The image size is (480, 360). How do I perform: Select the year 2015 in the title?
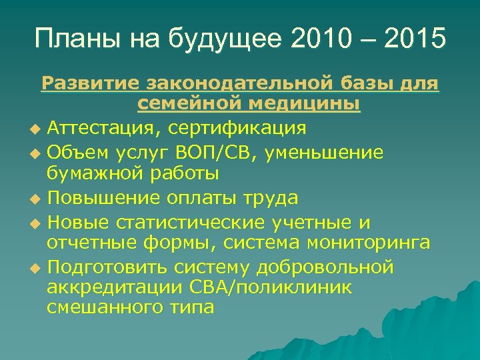(412, 38)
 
